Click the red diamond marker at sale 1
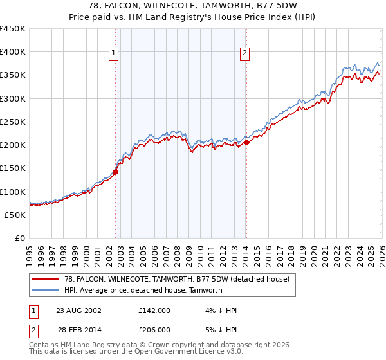point(116,172)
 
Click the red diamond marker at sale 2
point(246,142)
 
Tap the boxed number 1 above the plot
point(113,54)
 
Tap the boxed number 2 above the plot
point(245,54)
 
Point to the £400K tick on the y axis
point(13,52)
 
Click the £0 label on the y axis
point(20,239)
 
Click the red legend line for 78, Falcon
point(46,280)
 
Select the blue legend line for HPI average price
point(46,290)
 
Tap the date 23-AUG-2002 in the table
point(78,310)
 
